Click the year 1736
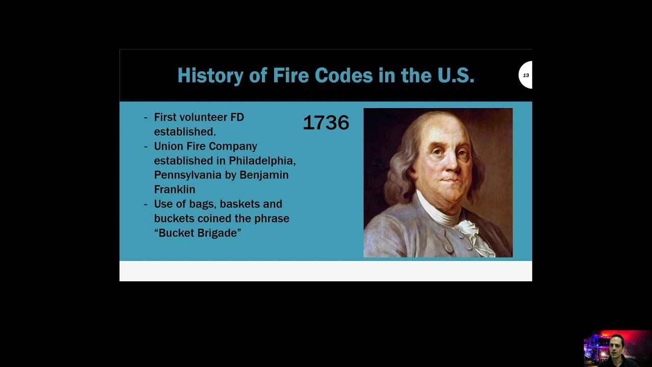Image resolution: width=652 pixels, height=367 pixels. point(326,123)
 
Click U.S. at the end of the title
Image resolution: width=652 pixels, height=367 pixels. point(455,76)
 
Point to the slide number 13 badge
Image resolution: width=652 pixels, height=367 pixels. point(526,75)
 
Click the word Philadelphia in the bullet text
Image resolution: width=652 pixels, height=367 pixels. point(262,161)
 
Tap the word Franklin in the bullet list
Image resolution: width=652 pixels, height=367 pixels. point(174,190)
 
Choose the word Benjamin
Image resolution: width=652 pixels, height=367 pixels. point(264,175)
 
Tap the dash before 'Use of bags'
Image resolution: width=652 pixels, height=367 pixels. point(146,204)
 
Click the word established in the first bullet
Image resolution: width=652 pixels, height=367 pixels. point(184,132)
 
